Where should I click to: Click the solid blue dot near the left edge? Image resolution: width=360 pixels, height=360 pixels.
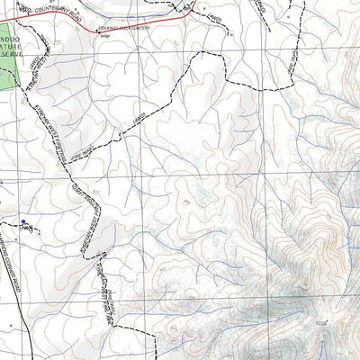23,220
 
